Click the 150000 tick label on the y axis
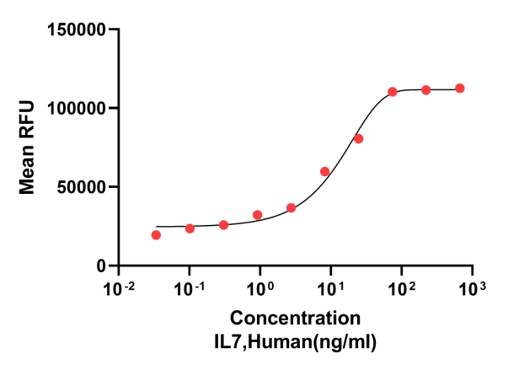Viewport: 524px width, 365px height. (76, 30)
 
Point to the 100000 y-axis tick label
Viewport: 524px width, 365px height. (76, 109)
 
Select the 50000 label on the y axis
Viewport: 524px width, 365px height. (81, 187)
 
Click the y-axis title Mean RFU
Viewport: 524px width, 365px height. (28, 148)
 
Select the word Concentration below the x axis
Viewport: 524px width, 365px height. (295, 319)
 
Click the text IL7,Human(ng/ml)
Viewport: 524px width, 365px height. (295, 341)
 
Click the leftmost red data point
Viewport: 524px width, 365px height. (156, 235)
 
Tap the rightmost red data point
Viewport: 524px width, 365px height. (460, 89)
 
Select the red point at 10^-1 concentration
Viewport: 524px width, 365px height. (190, 228)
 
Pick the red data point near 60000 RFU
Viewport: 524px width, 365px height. (325, 172)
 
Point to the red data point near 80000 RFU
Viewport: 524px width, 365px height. (359, 138)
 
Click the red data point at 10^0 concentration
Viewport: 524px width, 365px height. (257, 215)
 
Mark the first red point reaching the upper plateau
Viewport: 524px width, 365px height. (393, 92)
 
